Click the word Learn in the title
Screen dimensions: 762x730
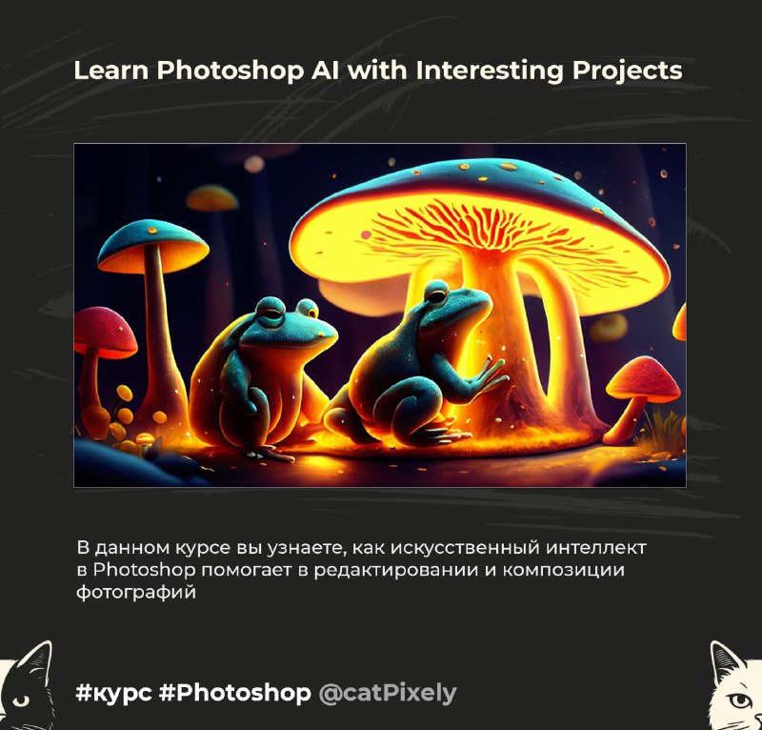[111, 70]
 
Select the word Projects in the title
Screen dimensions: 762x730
[627, 71]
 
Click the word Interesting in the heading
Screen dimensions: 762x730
[490, 71]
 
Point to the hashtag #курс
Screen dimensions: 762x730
[113, 693]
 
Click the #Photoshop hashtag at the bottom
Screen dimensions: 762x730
[234, 693]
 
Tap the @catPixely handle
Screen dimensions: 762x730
[388, 693]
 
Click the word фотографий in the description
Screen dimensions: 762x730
[136, 592]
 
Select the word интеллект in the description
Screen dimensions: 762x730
[596, 548]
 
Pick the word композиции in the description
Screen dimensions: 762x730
[563, 570]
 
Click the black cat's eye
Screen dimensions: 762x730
[20, 700]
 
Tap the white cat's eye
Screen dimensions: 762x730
[741, 700]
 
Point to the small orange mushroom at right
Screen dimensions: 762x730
[643, 377]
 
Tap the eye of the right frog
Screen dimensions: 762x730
[436, 295]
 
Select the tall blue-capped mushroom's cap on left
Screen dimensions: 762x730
[153, 245]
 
